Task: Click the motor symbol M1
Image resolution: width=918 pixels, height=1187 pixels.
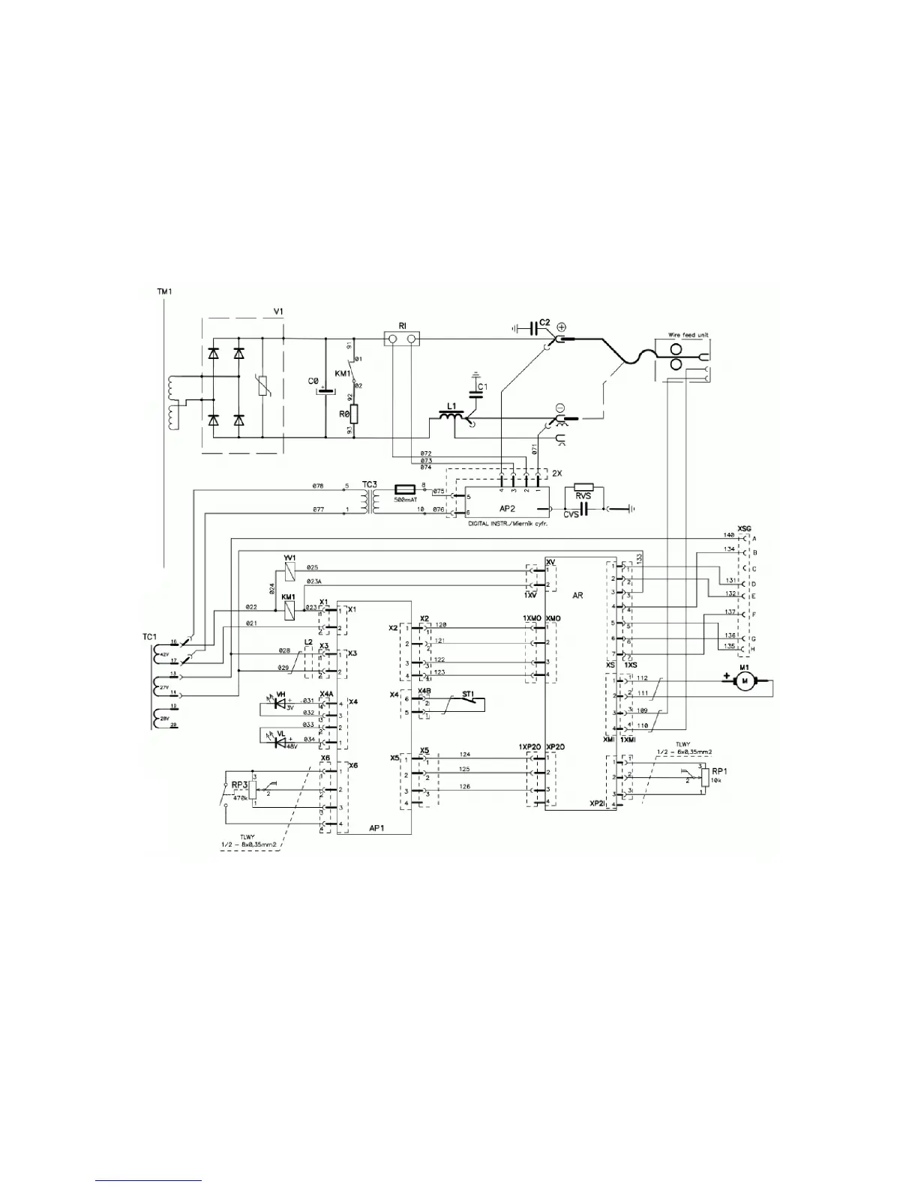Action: pos(745,680)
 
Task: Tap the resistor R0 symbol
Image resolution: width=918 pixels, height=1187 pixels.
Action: pos(354,414)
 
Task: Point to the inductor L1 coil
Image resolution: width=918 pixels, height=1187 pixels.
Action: pos(451,421)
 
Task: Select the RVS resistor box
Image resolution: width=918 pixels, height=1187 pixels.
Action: pos(583,487)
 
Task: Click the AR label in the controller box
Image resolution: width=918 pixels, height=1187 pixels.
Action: pos(577,593)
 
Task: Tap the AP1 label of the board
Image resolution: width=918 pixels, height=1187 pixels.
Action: pos(377,829)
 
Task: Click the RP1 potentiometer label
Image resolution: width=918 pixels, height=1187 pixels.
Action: pos(719,770)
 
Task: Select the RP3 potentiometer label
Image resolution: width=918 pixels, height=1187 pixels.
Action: pos(239,785)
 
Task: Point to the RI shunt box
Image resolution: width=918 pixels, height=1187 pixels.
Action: pos(403,340)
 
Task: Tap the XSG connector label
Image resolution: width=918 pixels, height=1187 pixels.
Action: pos(745,528)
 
